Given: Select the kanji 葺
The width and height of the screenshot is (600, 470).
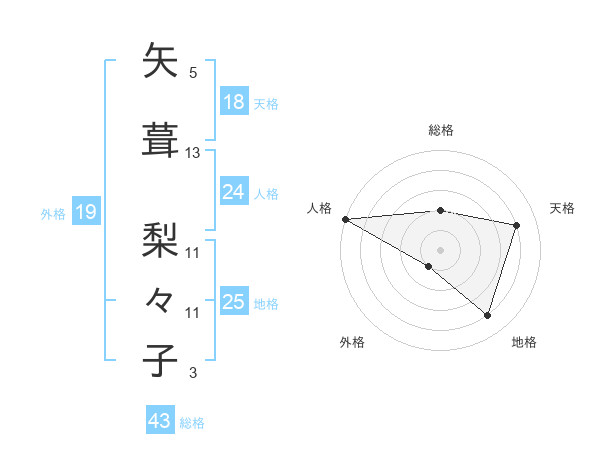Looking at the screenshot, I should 161,140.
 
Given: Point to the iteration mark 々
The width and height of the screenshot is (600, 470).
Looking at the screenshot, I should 161,298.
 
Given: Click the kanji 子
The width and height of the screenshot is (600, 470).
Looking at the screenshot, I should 161,360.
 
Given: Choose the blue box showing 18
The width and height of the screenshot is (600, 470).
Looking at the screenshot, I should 234,102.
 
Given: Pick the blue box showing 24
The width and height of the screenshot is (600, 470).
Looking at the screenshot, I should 234,192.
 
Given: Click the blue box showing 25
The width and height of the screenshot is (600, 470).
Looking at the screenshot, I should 234,302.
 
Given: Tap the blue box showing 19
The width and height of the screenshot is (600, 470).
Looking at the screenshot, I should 85,212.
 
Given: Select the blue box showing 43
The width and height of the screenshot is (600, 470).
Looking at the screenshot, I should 160,422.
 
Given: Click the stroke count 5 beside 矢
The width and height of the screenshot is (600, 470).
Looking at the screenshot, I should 193,73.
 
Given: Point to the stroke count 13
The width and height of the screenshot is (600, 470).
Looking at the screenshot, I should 193,153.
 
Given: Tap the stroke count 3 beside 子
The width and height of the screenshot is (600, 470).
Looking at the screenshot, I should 193,373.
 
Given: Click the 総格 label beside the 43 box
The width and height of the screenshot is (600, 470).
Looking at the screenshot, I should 192,423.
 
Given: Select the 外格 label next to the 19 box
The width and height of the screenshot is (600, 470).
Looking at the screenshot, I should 53,213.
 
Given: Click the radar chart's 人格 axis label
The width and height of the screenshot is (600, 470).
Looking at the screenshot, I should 319,208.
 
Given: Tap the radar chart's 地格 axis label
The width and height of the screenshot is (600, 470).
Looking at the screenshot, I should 524,342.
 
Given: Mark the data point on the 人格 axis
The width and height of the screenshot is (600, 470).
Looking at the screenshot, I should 345,219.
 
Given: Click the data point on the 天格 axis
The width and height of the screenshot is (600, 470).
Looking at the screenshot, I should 517,226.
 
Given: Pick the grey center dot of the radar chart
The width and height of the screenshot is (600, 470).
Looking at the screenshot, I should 440,249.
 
